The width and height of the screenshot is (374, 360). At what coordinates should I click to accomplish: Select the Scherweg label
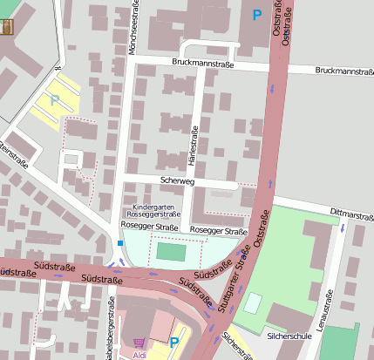pyautogui.click(x=177, y=180)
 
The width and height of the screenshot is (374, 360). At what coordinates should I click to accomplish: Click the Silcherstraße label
pyautogui.click(x=235, y=344)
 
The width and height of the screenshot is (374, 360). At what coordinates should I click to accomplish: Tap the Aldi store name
pyautogui.click(x=139, y=355)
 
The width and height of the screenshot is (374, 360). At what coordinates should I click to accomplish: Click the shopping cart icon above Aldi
pyautogui.click(x=139, y=343)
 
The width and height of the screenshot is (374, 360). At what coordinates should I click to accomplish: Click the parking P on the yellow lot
pyautogui.click(x=55, y=100)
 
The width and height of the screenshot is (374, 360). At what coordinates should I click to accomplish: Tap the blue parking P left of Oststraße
pyautogui.click(x=256, y=15)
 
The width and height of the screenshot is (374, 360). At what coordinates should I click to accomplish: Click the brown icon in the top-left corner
pyautogui.click(x=9, y=25)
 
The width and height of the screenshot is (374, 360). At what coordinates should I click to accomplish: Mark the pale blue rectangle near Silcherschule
pyautogui.click(x=252, y=302)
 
